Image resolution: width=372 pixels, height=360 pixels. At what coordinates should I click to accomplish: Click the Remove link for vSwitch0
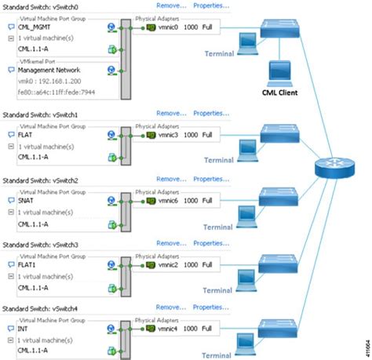(x=172, y=5)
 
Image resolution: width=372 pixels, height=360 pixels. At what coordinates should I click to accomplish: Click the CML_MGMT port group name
(x=35, y=25)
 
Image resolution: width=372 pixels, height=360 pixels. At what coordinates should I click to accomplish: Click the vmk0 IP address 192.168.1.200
(x=45, y=80)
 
